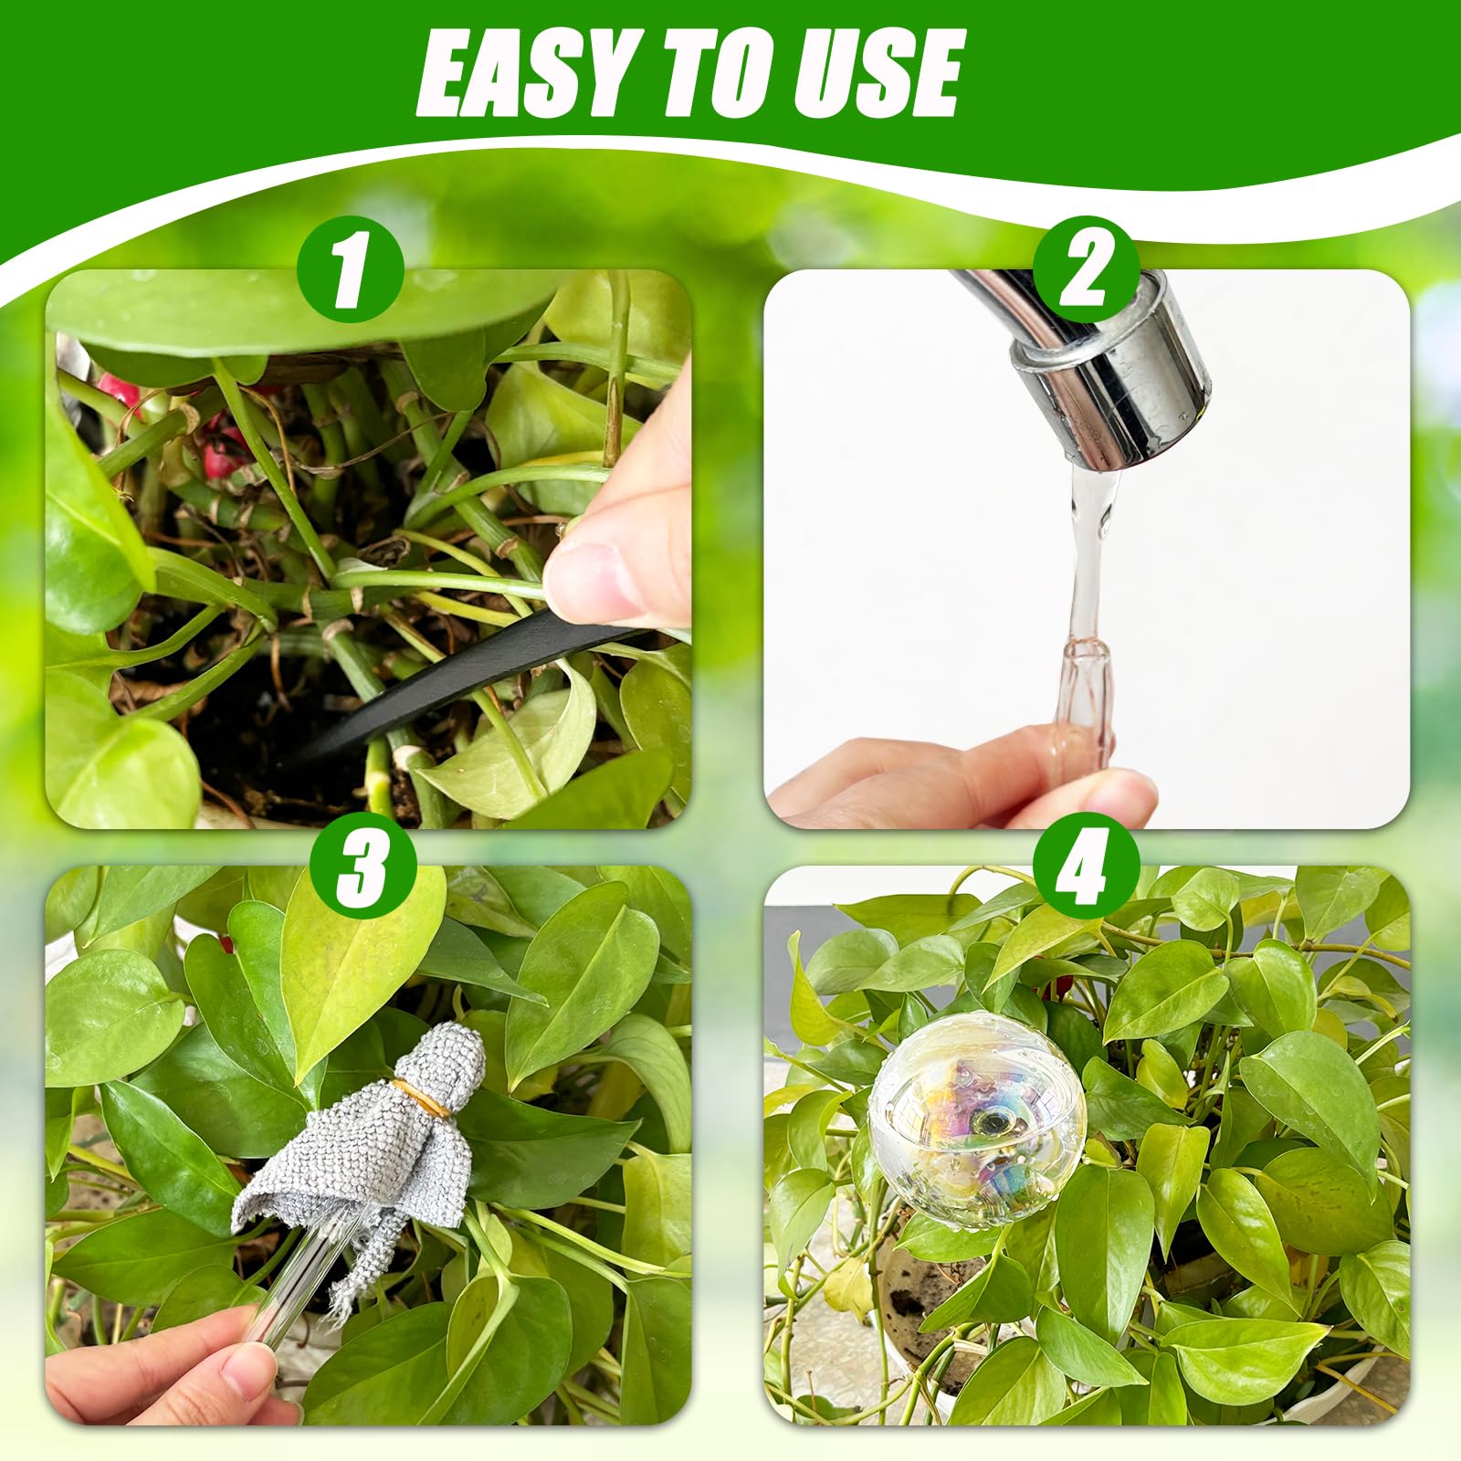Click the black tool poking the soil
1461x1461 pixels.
[x=457, y=685]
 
